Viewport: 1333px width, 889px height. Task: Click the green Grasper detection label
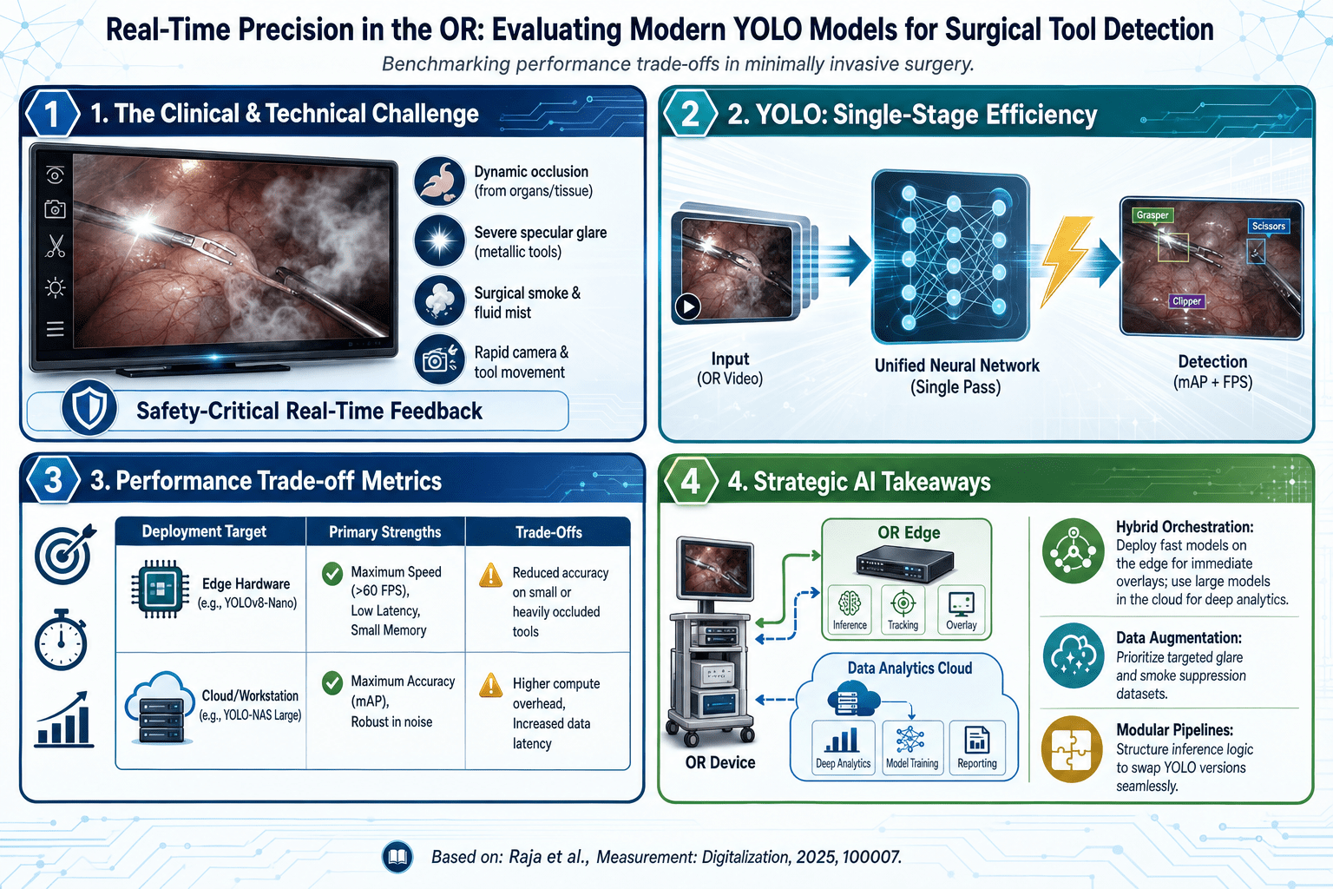point(1152,215)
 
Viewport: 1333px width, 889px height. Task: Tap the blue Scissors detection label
point(1268,227)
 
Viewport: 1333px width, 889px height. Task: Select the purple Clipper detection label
point(1186,301)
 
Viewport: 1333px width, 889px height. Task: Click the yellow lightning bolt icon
point(1066,260)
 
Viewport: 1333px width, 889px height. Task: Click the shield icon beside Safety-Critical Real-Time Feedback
point(89,409)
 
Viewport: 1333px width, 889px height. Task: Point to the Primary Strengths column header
point(385,532)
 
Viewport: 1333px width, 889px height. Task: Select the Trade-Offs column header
point(548,532)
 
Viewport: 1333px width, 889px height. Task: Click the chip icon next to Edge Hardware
point(160,589)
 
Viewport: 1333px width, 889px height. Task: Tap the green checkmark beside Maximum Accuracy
point(332,683)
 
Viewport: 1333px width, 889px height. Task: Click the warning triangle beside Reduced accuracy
point(491,575)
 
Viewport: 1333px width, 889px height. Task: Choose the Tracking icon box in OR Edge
point(903,609)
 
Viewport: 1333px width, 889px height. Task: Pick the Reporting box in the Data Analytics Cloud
point(977,747)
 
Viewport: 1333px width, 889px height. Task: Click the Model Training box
point(912,747)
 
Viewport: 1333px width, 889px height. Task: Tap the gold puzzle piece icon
point(1073,749)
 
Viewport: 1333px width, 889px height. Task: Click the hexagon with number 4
point(690,480)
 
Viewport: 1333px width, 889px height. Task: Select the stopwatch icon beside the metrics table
point(61,640)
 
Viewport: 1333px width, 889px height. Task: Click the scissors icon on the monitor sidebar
point(56,247)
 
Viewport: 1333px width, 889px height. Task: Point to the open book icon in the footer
point(397,857)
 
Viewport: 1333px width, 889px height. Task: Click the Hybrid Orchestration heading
point(1185,527)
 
